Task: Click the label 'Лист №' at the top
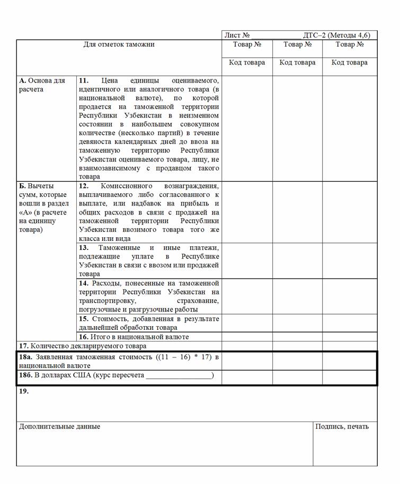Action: coord(237,35)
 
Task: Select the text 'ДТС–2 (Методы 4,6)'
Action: coord(336,35)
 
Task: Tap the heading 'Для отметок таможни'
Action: coord(119,44)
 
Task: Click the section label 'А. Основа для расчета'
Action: coord(42,85)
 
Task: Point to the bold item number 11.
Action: coord(84,80)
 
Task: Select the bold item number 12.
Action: coord(84,186)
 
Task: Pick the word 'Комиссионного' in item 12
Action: coord(126,186)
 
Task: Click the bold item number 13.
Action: coord(84,248)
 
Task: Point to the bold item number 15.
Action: coord(84,319)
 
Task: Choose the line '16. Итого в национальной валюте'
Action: coord(134,337)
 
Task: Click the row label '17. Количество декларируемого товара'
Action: coord(83,346)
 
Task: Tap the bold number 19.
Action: coord(24,391)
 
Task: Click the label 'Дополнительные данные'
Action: coord(59,426)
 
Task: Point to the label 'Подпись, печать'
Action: coord(342,426)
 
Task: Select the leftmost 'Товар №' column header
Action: coord(247,44)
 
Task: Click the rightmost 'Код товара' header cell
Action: coord(349,62)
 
